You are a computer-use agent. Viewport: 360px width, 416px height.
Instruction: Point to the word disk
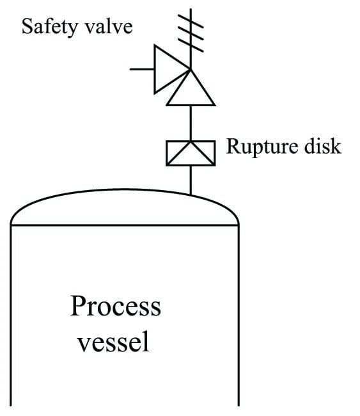[324, 147]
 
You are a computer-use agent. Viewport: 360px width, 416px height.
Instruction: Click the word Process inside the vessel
[116, 306]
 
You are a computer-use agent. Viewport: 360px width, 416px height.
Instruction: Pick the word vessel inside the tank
[113, 342]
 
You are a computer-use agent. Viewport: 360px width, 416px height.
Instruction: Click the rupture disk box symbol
[190, 153]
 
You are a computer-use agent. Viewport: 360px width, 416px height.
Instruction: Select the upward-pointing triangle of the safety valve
[191, 92]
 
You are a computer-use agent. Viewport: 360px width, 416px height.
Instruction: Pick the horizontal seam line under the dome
[125, 225]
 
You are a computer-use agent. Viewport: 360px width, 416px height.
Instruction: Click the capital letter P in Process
[78, 306]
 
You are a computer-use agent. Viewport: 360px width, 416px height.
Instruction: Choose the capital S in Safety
[27, 28]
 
